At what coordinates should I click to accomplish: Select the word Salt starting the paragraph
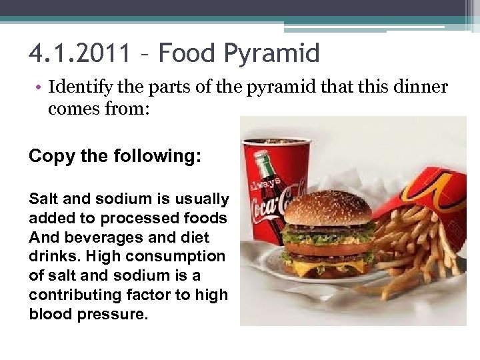pyautogui.click(x=43, y=199)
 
